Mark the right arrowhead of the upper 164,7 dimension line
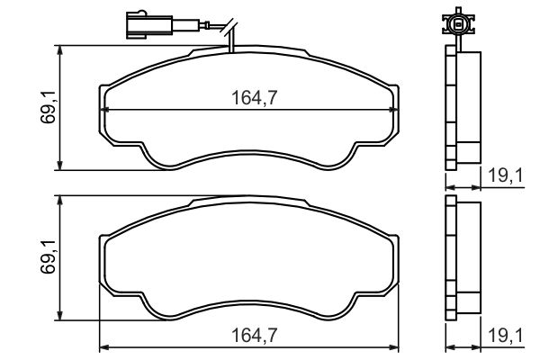point(397,110)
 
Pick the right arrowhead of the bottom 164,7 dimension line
point(397,347)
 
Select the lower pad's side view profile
point(463,256)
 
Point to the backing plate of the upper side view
point(453,108)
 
